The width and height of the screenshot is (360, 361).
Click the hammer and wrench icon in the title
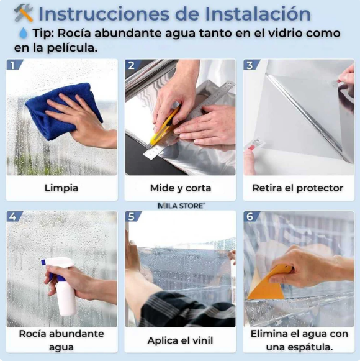pyautogui.click(x=23, y=12)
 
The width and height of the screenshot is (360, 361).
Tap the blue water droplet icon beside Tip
pyautogui.click(x=22, y=33)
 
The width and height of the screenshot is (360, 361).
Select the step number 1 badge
pyautogui.click(x=14, y=65)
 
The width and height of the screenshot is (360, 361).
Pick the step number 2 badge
pyautogui.click(x=132, y=65)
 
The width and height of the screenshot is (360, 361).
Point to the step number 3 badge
pyautogui.click(x=250, y=65)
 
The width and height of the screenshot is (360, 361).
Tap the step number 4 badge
pyautogui.click(x=14, y=217)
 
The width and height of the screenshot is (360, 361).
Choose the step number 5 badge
pyautogui.click(x=132, y=217)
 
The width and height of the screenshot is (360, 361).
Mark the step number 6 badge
pyautogui.click(x=250, y=217)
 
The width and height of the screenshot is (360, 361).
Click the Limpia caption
pyautogui.click(x=61, y=188)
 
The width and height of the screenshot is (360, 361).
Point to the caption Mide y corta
pyautogui.click(x=180, y=188)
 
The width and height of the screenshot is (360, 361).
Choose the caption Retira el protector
pyautogui.click(x=298, y=188)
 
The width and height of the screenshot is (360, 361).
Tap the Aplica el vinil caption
pyautogui.click(x=180, y=340)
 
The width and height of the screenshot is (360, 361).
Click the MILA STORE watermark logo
pyautogui.click(x=180, y=205)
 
